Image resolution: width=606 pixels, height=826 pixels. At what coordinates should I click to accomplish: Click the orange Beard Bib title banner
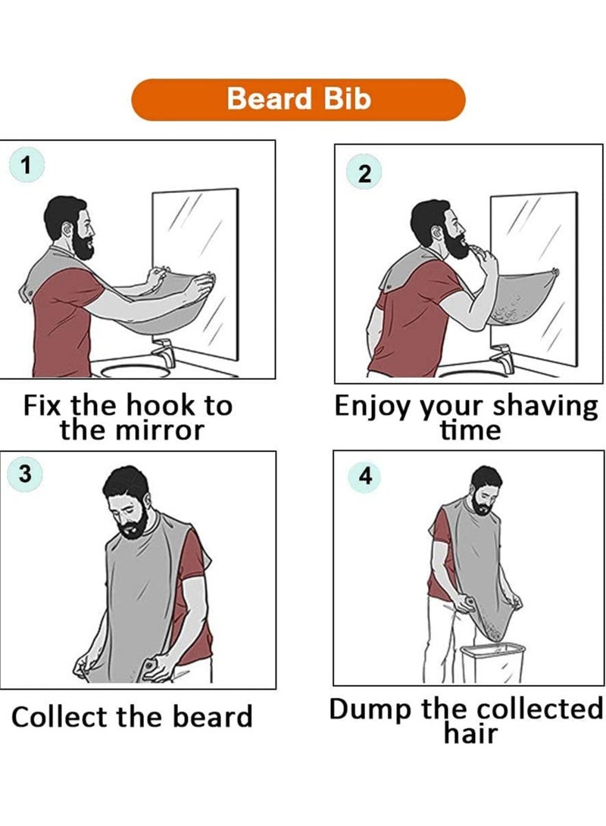298,100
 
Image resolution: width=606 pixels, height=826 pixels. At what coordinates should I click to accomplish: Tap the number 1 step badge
26,166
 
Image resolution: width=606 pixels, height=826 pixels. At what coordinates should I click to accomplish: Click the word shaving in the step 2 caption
545,407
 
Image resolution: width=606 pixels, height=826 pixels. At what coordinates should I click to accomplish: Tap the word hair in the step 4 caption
470,733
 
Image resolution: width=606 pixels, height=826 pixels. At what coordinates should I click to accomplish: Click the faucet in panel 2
502,358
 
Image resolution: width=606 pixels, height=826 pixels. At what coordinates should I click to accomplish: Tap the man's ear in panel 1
68,230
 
